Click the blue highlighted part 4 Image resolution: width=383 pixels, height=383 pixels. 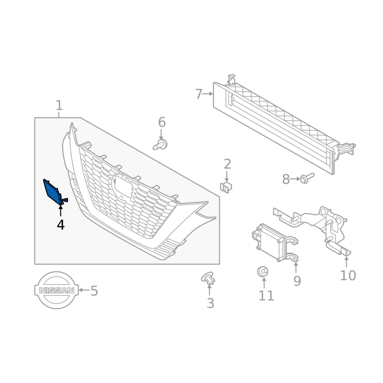point(54,191)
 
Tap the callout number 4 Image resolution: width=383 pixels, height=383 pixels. point(61,225)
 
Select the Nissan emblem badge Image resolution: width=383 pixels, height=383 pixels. point(56,290)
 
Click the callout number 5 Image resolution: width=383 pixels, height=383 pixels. point(94,291)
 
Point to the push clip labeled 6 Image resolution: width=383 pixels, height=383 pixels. point(160,145)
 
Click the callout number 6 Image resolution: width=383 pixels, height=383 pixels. point(162,122)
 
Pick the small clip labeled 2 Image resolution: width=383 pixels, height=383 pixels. point(226,187)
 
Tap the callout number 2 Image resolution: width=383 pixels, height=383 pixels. point(227,164)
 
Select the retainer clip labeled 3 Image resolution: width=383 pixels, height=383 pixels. point(208,278)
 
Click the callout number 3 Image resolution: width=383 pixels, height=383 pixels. point(211,303)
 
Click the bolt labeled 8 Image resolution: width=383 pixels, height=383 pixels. point(307,178)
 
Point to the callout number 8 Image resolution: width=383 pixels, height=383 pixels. point(286,179)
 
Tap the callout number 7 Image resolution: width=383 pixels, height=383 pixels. point(199,94)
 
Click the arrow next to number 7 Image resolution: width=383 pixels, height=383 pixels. point(208,94)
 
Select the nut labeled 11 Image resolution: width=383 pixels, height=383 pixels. point(263,271)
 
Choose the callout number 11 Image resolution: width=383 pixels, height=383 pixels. point(266,295)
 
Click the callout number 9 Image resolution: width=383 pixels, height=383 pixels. point(297,281)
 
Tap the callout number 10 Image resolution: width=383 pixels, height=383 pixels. point(348,275)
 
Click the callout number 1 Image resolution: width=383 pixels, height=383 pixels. point(59,105)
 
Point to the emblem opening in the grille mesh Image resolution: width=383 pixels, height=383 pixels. point(122,186)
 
